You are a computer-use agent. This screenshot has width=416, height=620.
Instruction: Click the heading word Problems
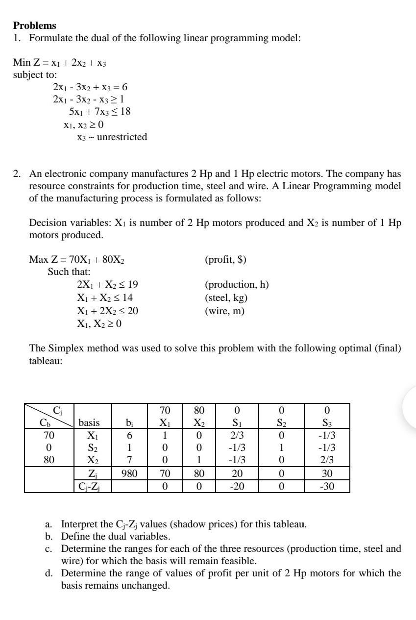[x=35, y=25]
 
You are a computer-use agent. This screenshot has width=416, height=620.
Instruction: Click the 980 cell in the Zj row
[x=128, y=474]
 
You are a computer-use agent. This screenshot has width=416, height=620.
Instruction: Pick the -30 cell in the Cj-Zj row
[x=327, y=486]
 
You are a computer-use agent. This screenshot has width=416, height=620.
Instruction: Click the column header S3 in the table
[x=327, y=422]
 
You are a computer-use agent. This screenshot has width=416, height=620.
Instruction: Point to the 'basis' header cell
[x=89, y=422]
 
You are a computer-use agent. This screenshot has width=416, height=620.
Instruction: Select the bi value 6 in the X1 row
[x=128, y=435]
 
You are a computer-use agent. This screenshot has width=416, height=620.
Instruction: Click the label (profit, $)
[x=225, y=260]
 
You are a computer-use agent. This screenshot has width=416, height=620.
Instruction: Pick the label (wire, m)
[x=224, y=310]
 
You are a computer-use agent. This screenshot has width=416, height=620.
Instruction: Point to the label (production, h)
[x=236, y=285]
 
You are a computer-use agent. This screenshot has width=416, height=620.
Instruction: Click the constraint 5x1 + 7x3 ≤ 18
[x=99, y=112]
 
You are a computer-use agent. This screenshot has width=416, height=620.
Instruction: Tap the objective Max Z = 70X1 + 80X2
[x=80, y=260]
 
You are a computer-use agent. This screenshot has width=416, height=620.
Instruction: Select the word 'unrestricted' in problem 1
[x=122, y=137]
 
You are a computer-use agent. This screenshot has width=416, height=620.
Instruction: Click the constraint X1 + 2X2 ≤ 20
[x=111, y=310]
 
